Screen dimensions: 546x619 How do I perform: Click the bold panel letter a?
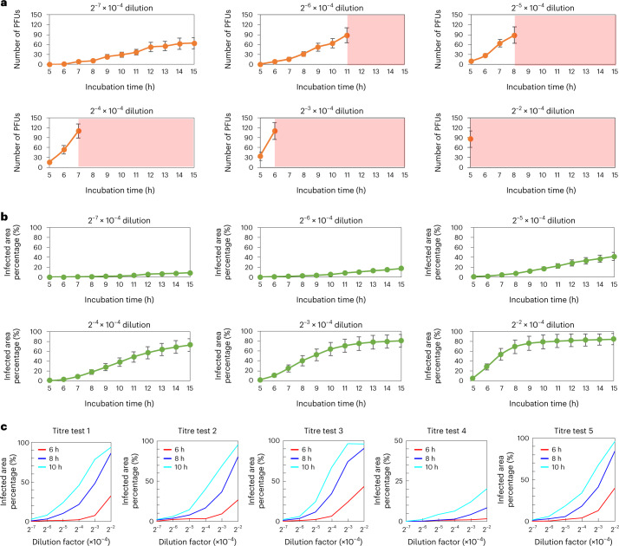pos(5,6)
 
